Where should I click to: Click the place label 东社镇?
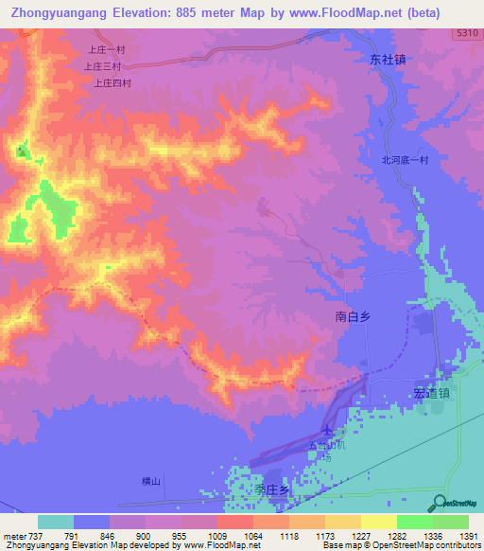(x=388, y=59)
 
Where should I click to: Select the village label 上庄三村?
(x=101, y=67)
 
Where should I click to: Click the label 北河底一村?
(x=405, y=160)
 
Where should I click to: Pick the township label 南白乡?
(x=355, y=319)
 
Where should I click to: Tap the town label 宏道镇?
(x=431, y=393)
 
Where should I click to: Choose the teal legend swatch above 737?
(x=56, y=522)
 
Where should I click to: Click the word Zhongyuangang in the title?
(x=59, y=13)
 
